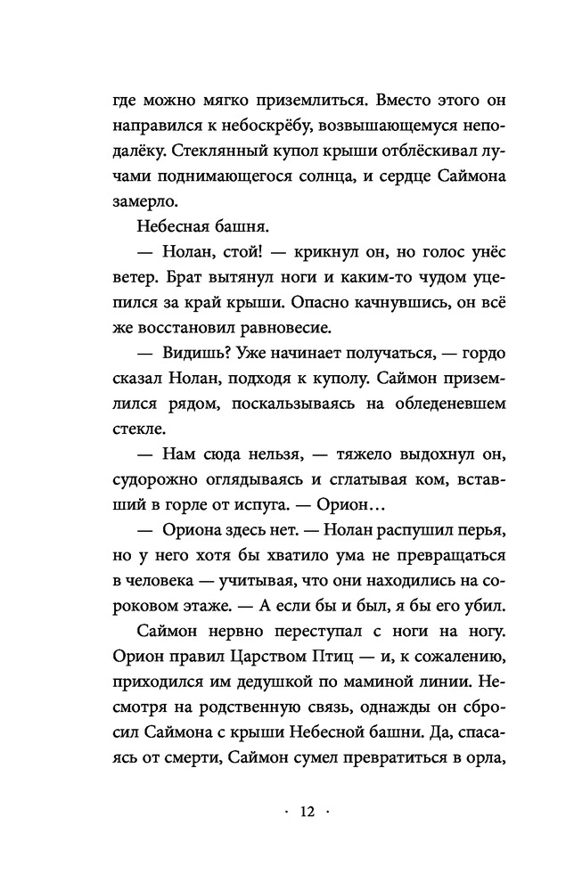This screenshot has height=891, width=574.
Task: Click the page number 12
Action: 308,812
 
